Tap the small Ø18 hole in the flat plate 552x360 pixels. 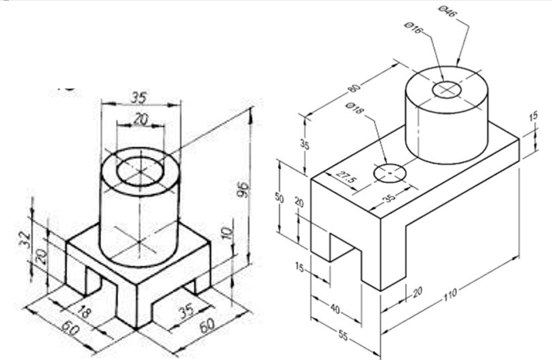[389, 172]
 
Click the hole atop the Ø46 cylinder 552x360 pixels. [448, 90]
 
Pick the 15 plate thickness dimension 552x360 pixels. [533, 116]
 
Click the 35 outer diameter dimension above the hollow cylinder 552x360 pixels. [140, 97]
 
